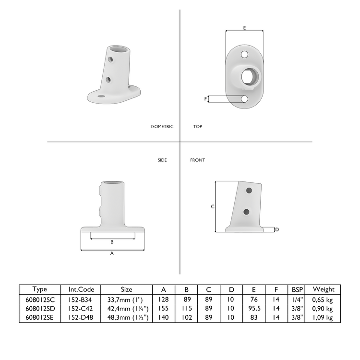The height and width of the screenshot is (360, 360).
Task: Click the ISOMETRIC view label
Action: (162, 127)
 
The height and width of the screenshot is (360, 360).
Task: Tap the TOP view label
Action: (197, 127)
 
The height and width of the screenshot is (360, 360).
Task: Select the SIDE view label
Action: (162, 160)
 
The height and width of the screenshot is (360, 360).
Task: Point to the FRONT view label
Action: (197, 160)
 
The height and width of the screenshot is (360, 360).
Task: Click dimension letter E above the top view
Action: (244, 28)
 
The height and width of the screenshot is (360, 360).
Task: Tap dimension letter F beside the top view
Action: (206, 99)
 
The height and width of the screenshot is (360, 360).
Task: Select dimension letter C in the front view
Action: (212, 206)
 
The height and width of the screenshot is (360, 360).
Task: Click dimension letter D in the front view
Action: (277, 229)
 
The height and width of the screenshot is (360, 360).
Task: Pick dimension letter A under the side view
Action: (112, 253)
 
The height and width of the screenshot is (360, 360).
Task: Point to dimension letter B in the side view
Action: (112, 242)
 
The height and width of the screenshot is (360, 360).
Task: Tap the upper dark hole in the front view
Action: (249, 191)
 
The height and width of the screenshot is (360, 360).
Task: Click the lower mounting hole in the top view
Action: (244, 99)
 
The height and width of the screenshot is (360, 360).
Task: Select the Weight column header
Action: (323, 289)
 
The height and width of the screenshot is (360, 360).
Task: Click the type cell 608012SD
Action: (40, 308)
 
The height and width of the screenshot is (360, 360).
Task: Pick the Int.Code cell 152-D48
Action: (84, 317)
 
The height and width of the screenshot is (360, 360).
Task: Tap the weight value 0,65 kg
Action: (323, 299)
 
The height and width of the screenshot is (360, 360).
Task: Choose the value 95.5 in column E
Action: (254, 308)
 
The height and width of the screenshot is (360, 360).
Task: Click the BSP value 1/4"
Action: (296, 299)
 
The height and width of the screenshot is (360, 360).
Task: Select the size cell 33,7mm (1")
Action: (127, 299)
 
